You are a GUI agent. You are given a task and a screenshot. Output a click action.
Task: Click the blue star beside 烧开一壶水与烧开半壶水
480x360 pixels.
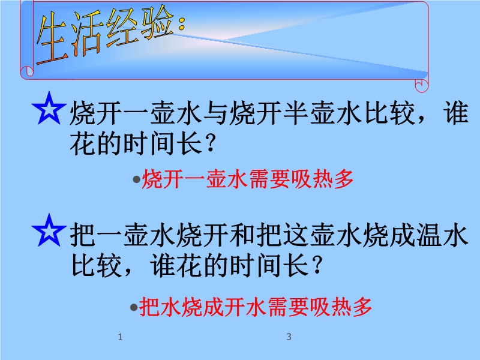pyautogui.click(x=49, y=109)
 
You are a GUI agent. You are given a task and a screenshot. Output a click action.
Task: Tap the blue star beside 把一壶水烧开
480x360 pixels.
pyautogui.click(x=49, y=230)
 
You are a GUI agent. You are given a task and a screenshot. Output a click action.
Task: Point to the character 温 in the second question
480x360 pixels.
pyautogui.click(x=429, y=235)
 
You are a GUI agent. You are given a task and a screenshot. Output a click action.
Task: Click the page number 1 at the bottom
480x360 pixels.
pyautogui.click(x=121, y=337)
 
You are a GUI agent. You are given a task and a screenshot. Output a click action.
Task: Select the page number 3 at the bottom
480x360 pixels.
pyautogui.click(x=289, y=337)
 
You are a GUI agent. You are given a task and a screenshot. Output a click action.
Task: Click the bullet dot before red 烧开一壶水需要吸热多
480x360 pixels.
pyautogui.click(x=137, y=179)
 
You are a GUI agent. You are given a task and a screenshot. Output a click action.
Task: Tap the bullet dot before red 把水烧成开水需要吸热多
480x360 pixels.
pyautogui.click(x=133, y=307)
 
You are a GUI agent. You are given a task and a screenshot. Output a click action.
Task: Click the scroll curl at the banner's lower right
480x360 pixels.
pyautogui.click(x=422, y=85)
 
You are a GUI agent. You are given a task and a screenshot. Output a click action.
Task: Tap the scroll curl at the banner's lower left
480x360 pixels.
pyautogui.click(x=27, y=71)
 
